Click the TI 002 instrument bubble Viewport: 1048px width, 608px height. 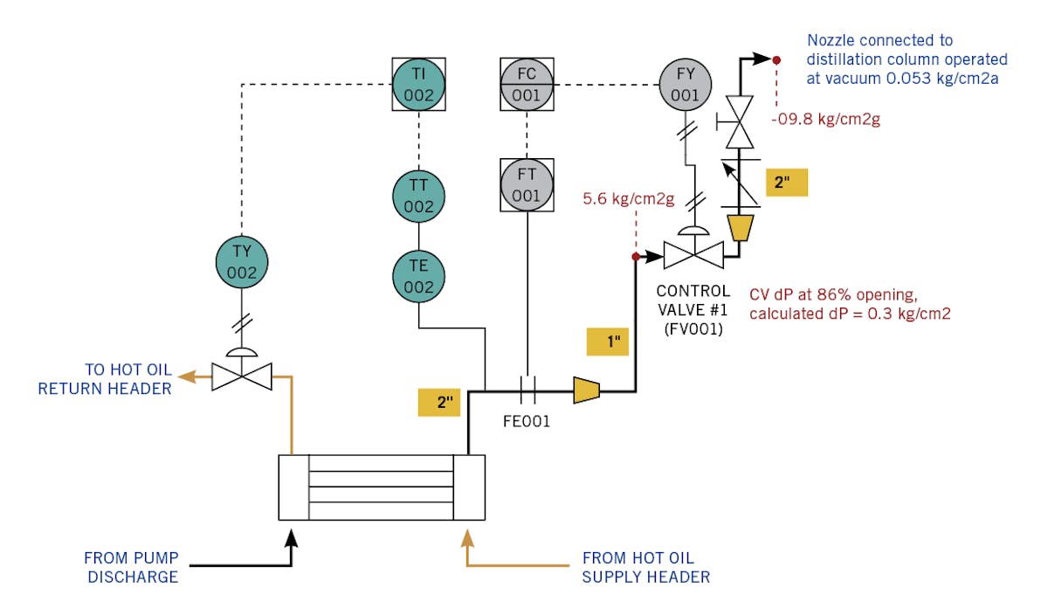[x=418, y=84]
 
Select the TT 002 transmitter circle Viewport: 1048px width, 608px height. [x=418, y=196]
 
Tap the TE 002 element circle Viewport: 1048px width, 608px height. [x=418, y=275]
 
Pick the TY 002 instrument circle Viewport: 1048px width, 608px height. [x=242, y=261]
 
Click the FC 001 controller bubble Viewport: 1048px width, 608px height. [x=527, y=84]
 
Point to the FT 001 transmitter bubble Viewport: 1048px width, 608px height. [x=527, y=184]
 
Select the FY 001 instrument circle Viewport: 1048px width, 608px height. [x=685, y=84]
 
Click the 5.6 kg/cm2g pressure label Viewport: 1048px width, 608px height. [x=628, y=199]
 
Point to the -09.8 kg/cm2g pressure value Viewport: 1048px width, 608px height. [x=824, y=119]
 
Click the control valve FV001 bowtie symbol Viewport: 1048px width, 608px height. [x=693, y=256]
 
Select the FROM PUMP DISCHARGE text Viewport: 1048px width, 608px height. [x=131, y=567]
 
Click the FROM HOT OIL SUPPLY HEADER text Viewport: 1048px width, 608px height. [x=645, y=567]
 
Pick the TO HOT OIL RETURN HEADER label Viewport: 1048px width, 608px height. [x=105, y=378]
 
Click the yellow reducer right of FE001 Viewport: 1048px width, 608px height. [x=586, y=390]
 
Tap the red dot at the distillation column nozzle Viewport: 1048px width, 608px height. [x=776, y=59]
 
